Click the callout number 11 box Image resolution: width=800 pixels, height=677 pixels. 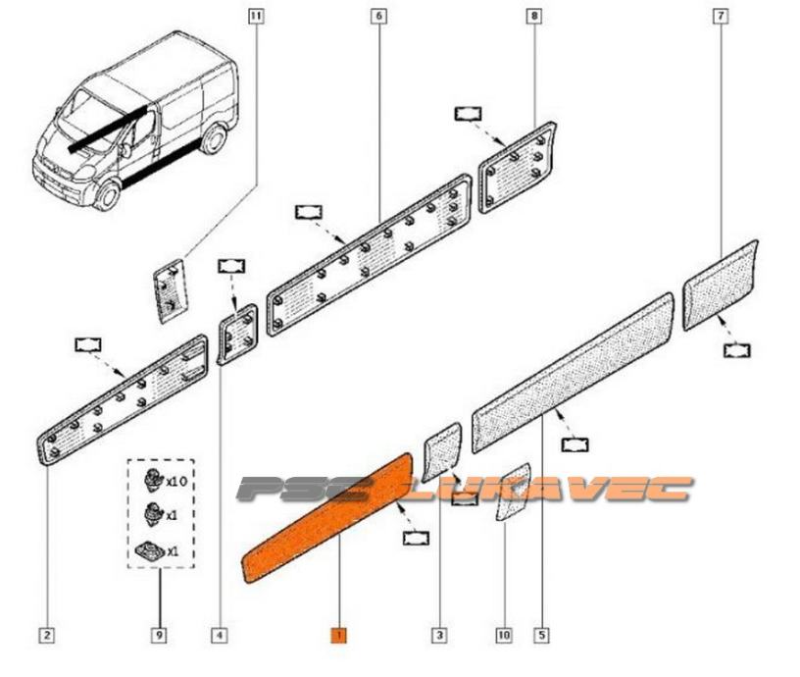pyautogui.click(x=256, y=17)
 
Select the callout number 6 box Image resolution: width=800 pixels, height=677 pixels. pyautogui.click(x=378, y=17)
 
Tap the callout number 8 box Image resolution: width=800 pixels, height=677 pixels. pyautogui.click(x=533, y=17)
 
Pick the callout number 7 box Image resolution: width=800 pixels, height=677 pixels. pyautogui.click(x=721, y=17)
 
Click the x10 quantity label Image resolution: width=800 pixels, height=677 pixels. pyautogui.click(x=176, y=482)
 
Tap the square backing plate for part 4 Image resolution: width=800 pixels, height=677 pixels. pyautogui.click(x=237, y=334)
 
